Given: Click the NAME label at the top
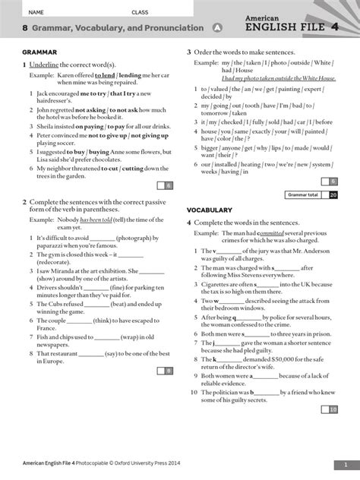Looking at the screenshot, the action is pos(36,12).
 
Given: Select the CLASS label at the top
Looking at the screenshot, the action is pos(140,12).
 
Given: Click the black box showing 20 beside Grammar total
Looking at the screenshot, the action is pos(333,195).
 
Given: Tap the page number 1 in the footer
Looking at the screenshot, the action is pos(344,464).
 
